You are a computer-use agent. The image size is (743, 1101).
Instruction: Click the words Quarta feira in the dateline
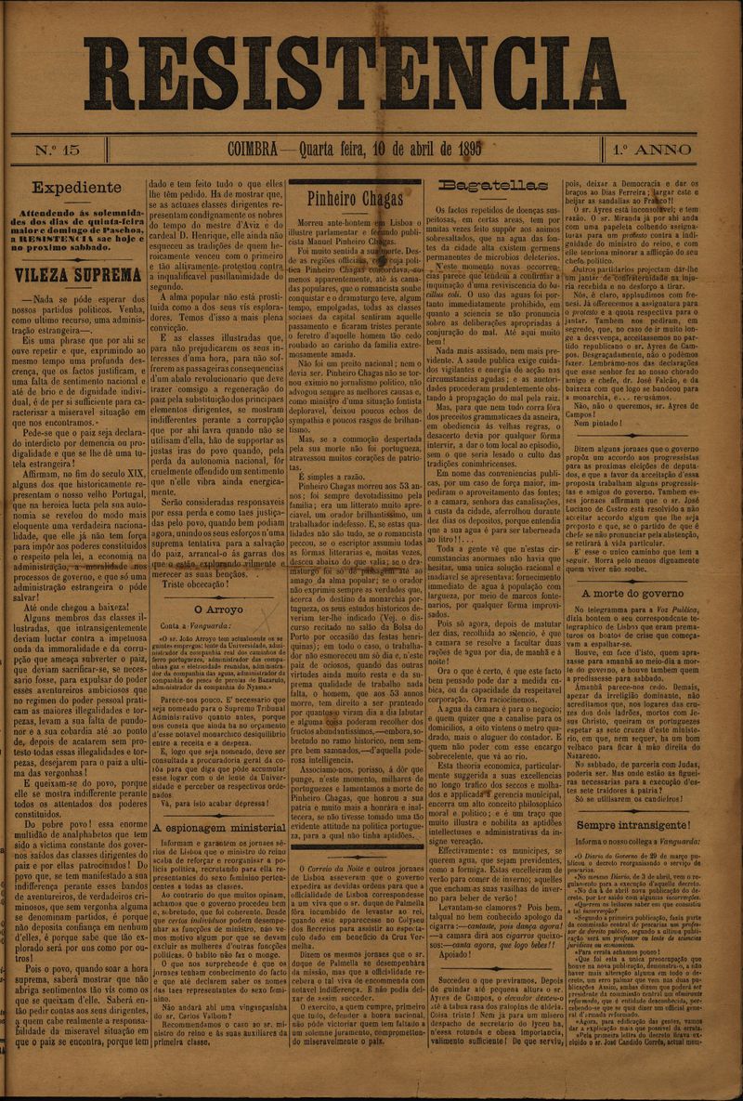tap(333, 151)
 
